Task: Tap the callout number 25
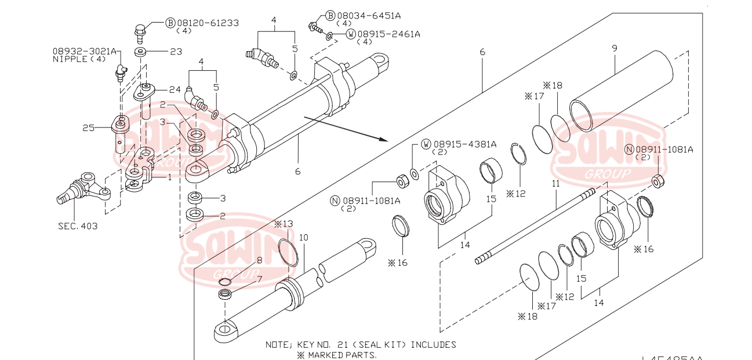click(x=88, y=128)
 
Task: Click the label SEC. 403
click(x=78, y=226)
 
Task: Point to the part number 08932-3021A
click(x=85, y=51)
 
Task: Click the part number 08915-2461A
click(x=388, y=34)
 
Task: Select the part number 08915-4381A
click(x=465, y=144)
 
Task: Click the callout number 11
click(x=555, y=183)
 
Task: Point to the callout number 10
click(x=304, y=238)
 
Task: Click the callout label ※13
click(x=284, y=224)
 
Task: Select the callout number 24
click(x=175, y=90)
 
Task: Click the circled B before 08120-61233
click(x=170, y=23)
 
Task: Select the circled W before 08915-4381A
click(x=426, y=144)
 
